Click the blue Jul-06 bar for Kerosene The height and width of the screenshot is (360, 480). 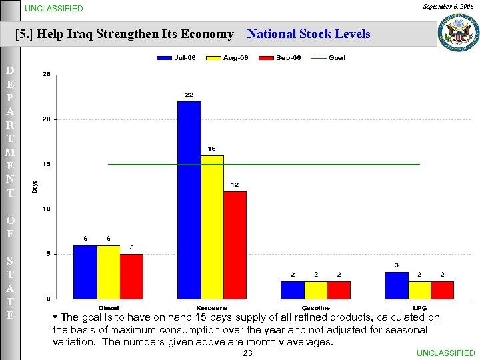click(x=189, y=199)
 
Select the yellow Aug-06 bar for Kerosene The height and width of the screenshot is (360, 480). click(x=212, y=227)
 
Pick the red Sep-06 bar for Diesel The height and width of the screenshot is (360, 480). click(x=131, y=276)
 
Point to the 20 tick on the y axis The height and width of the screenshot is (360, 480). click(x=45, y=119)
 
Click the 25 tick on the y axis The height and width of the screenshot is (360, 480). click(x=45, y=75)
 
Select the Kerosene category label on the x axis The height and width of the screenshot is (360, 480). click(x=211, y=307)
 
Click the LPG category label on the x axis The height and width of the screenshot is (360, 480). click(x=419, y=307)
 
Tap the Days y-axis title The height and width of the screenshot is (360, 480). click(x=35, y=187)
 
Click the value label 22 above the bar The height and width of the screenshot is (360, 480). click(x=189, y=95)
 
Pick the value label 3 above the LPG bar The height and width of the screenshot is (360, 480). click(x=397, y=265)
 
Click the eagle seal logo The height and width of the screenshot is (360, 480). click(x=457, y=32)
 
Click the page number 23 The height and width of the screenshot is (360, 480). click(x=247, y=353)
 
